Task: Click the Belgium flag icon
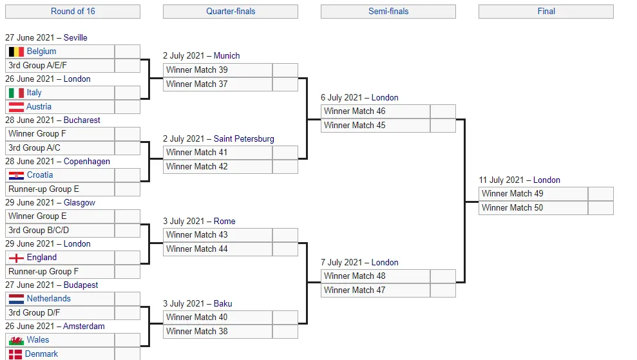click(x=16, y=52)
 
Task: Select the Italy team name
click(x=34, y=93)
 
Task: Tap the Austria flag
click(x=16, y=107)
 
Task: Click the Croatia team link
click(x=40, y=175)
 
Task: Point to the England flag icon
click(x=16, y=258)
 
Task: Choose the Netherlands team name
click(x=49, y=299)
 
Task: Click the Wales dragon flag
click(x=16, y=340)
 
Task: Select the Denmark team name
click(x=41, y=354)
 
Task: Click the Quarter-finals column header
click(x=231, y=12)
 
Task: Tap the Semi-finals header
click(x=388, y=12)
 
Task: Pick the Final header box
click(x=546, y=12)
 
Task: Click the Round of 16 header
click(x=73, y=12)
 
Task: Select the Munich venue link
click(x=227, y=55)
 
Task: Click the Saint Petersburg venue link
click(x=243, y=139)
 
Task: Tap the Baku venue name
click(x=223, y=303)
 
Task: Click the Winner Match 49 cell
click(x=533, y=194)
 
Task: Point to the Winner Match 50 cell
click(x=533, y=207)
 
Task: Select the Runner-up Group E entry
click(x=60, y=189)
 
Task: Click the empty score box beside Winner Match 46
click(x=443, y=111)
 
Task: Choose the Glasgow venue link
click(x=79, y=203)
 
